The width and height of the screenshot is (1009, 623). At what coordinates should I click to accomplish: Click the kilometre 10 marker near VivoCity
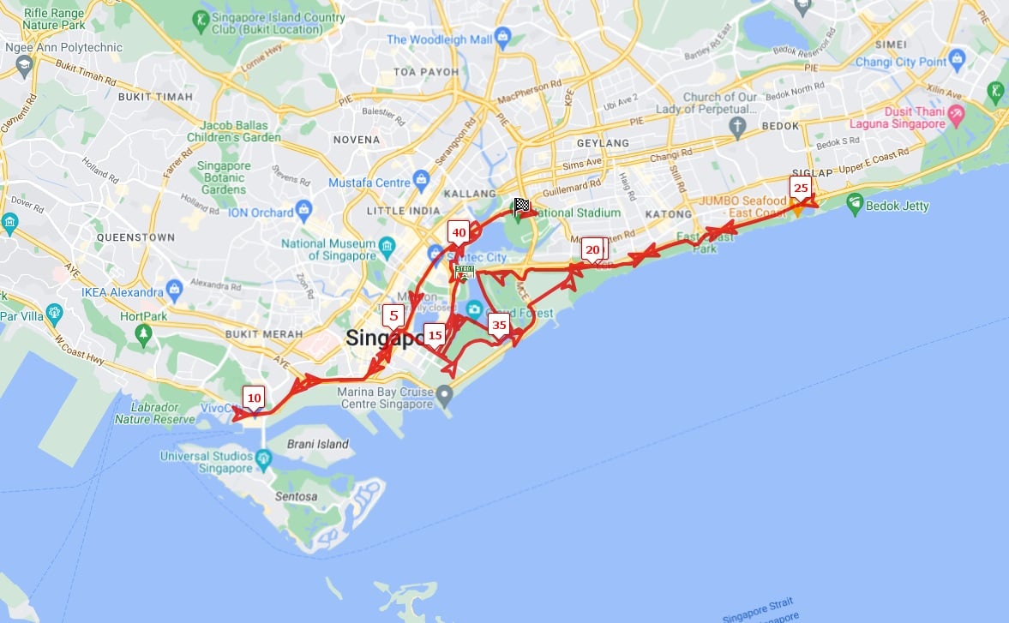(x=254, y=398)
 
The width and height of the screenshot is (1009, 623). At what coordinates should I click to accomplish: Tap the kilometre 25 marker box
(x=801, y=188)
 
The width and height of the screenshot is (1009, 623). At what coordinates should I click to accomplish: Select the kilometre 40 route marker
(x=459, y=232)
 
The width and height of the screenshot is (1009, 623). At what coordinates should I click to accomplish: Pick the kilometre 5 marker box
(x=393, y=315)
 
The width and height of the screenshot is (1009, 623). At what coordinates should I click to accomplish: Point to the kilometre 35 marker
(x=499, y=325)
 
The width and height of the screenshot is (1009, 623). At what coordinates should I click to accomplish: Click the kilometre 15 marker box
(x=435, y=335)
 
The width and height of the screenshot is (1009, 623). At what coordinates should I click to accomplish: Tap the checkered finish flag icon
(x=521, y=206)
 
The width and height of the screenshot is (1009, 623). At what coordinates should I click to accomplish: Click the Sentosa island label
(x=296, y=496)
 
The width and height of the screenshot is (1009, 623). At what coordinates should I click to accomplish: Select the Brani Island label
(x=317, y=444)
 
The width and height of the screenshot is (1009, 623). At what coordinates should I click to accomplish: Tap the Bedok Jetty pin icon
(x=854, y=204)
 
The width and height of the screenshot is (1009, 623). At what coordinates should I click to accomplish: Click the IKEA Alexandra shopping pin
(x=175, y=286)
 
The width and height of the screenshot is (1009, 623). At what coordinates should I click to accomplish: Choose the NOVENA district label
(x=356, y=140)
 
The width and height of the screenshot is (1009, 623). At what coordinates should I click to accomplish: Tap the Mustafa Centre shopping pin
(x=421, y=181)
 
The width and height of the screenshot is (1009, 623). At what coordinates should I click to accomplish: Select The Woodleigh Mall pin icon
(x=502, y=39)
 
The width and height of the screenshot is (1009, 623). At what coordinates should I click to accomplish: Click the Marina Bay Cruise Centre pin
(x=444, y=395)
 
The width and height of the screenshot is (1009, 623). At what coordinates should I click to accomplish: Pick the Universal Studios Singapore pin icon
(x=263, y=460)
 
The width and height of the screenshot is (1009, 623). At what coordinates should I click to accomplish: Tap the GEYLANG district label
(x=603, y=143)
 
